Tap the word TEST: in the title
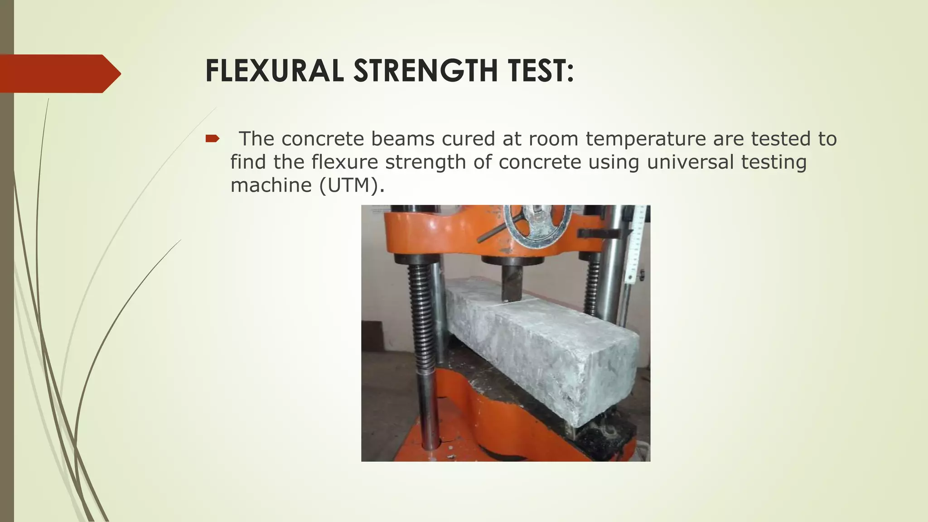coord(536,71)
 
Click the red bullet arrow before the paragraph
coord(212,139)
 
